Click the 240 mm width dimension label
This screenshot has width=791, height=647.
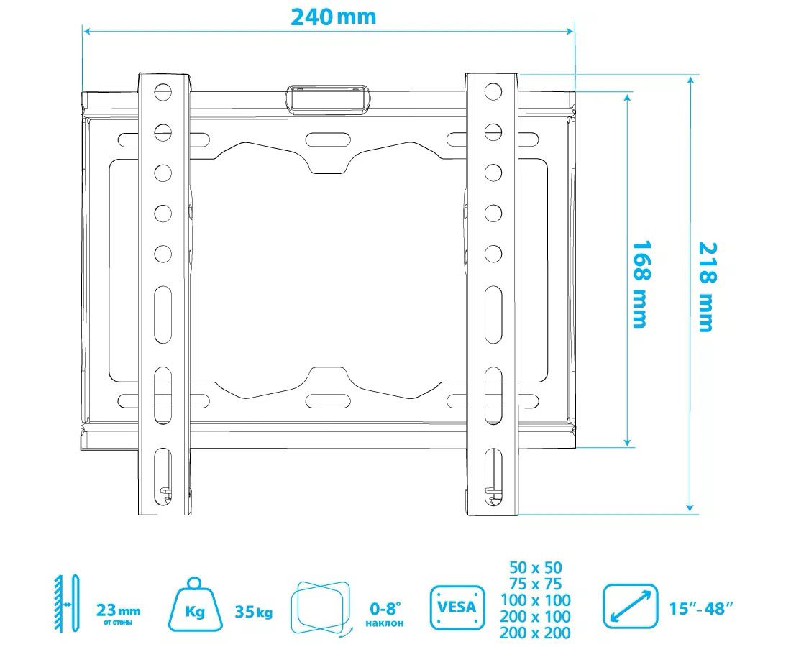coord(333,17)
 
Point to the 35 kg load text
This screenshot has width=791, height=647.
coord(254,612)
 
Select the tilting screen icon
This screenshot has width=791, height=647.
coord(321,606)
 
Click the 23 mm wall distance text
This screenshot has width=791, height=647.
coord(118,612)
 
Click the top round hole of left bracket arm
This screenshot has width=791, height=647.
coord(163,91)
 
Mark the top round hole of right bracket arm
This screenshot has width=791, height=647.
coord(493,91)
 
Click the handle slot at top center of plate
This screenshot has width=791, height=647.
coord(328,98)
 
